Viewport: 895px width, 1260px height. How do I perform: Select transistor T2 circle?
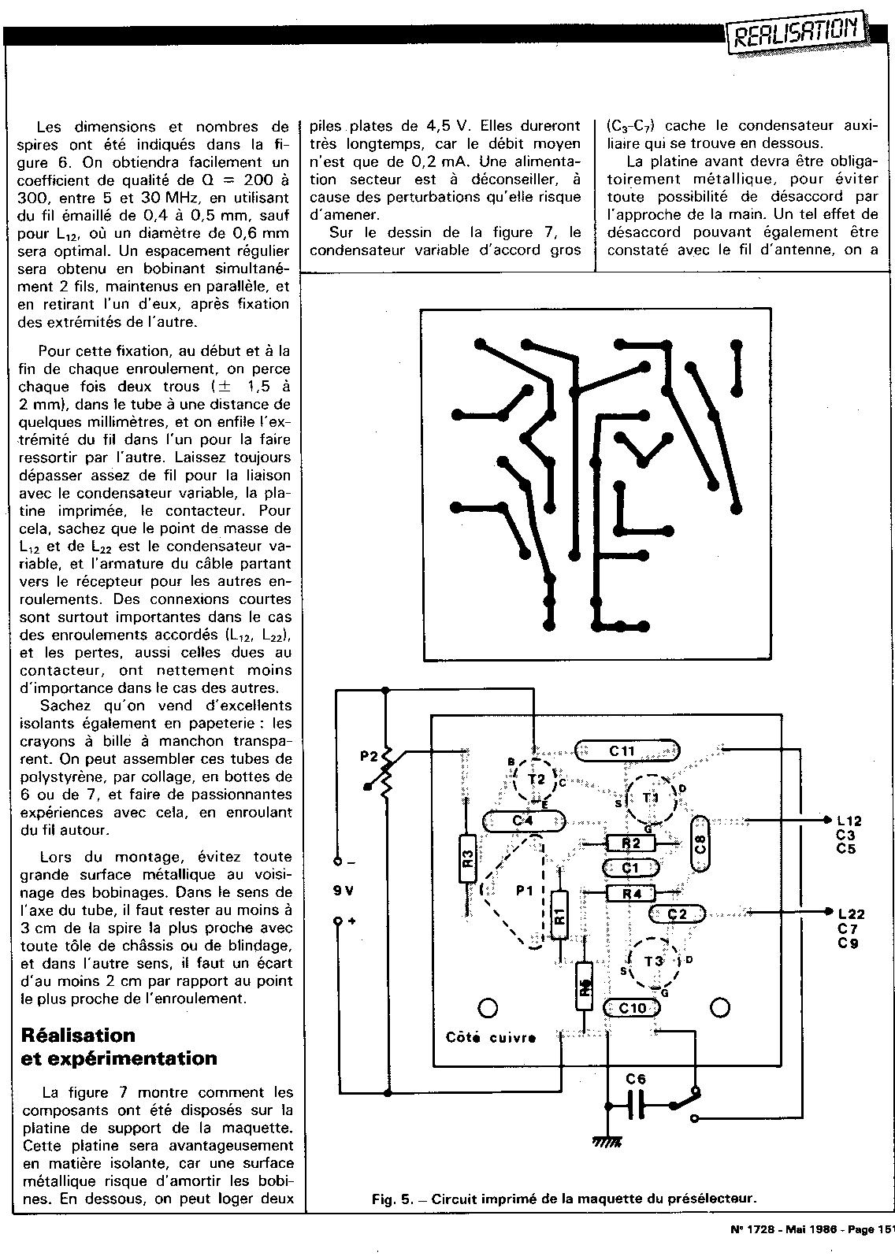pyautogui.click(x=536, y=779)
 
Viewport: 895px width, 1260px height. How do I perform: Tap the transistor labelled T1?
pyautogui.click(x=651, y=798)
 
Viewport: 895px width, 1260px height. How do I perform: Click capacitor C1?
pyautogui.click(x=629, y=868)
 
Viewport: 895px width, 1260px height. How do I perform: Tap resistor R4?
pyautogui.click(x=631, y=893)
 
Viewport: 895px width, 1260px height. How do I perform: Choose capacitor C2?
pyautogui.click(x=677, y=913)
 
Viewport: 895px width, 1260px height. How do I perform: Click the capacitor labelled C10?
pyautogui.click(x=632, y=1008)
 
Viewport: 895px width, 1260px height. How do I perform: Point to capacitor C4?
pyautogui.click(x=524, y=821)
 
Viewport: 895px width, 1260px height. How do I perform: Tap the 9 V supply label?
pyautogui.click(x=344, y=891)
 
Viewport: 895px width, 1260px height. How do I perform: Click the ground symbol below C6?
pyautogui.click(x=608, y=1140)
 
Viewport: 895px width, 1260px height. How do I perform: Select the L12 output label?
pyautogui.click(x=850, y=821)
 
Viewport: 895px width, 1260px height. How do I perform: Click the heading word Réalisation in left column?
pyautogui.click(x=78, y=1035)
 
